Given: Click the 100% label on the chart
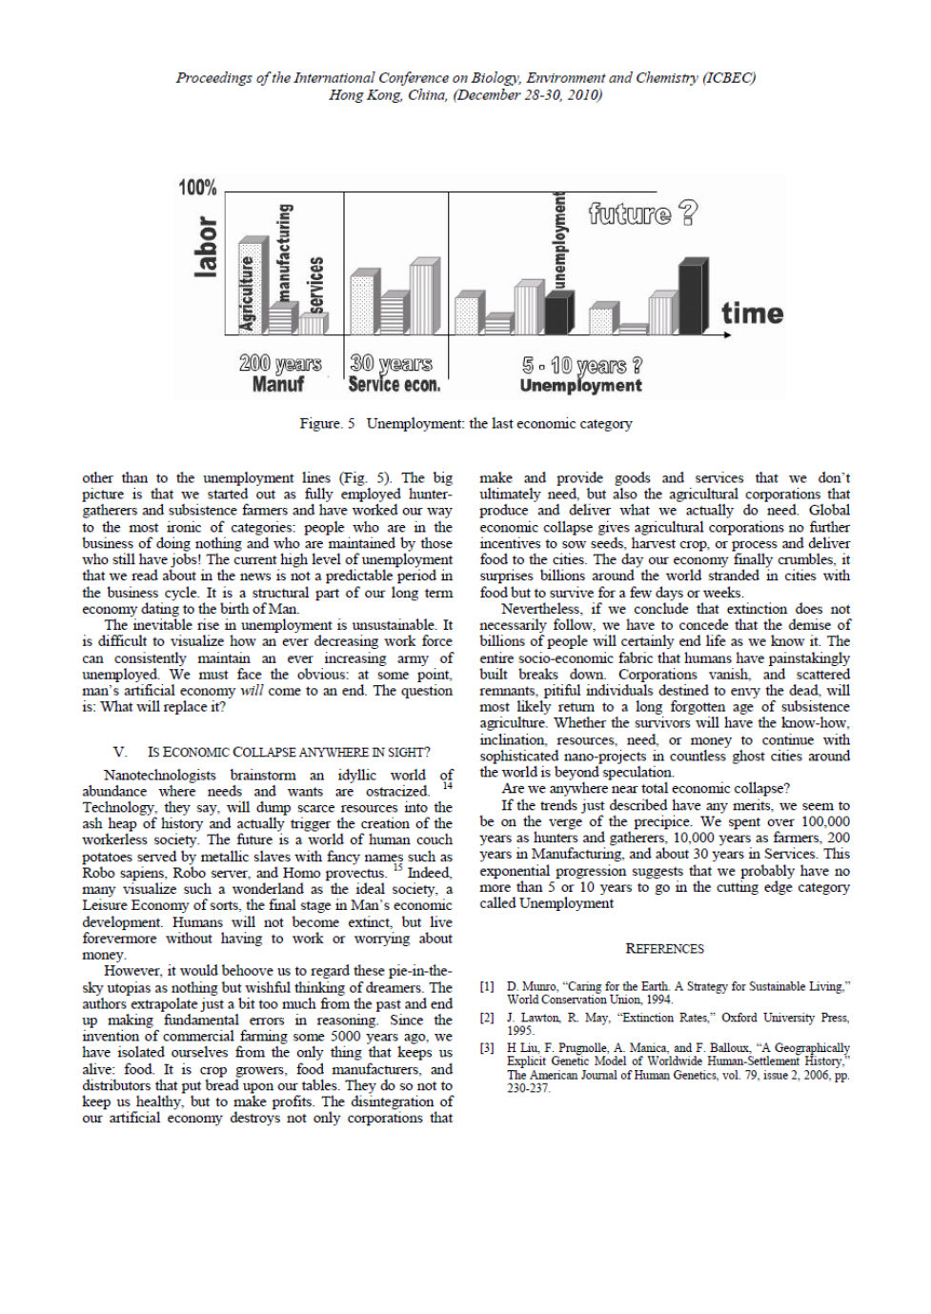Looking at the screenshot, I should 197,188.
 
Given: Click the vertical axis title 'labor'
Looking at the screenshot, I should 205,247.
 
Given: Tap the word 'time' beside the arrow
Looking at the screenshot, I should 752,313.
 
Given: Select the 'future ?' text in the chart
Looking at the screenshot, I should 642,213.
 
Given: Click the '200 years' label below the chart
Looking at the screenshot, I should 280,364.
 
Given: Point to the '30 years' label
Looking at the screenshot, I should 391,364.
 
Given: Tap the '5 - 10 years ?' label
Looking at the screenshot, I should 581,365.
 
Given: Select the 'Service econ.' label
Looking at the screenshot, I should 394,385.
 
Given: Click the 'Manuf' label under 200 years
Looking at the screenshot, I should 277,385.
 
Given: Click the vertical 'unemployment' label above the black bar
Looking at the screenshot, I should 559,240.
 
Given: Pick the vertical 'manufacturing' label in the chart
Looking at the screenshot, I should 283,253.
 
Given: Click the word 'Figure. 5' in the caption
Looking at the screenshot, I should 327,423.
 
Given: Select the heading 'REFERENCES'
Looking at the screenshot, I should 664,949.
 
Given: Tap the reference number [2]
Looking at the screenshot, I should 487,1018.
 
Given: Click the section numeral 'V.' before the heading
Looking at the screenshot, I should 119,753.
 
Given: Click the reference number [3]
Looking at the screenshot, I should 487,1048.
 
